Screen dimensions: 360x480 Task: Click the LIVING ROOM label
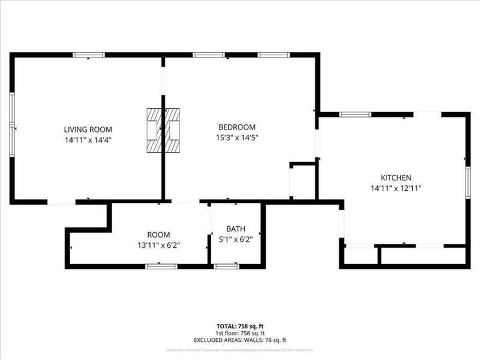pyautogui.click(x=88, y=130)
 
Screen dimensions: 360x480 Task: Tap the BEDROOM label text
pyautogui.click(x=237, y=127)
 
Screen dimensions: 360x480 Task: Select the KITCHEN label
pyautogui.click(x=396, y=178)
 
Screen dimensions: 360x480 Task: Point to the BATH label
pyautogui.click(x=236, y=229)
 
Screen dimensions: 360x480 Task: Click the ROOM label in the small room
pyautogui.click(x=159, y=235)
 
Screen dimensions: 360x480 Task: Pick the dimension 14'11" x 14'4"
pyautogui.click(x=88, y=139)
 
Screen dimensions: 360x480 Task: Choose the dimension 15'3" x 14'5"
pyautogui.click(x=237, y=137)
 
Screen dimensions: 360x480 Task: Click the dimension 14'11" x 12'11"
pyautogui.click(x=396, y=188)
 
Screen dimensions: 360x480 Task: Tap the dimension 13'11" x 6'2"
pyautogui.click(x=159, y=244)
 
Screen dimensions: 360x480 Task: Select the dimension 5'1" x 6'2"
pyautogui.click(x=236, y=238)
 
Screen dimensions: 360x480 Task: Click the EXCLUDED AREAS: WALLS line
pyautogui.click(x=239, y=340)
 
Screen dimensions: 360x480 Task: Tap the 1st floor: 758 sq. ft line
pyautogui.click(x=239, y=334)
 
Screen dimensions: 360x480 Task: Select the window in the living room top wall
pyautogui.click(x=89, y=55)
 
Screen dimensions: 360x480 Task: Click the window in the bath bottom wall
pyautogui.click(x=227, y=266)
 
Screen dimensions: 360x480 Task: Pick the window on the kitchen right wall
pyautogui.click(x=467, y=182)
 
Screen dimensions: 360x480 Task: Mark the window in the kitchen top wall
pyautogui.click(x=355, y=114)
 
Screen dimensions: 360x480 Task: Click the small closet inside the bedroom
pyautogui.click(x=303, y=182)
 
